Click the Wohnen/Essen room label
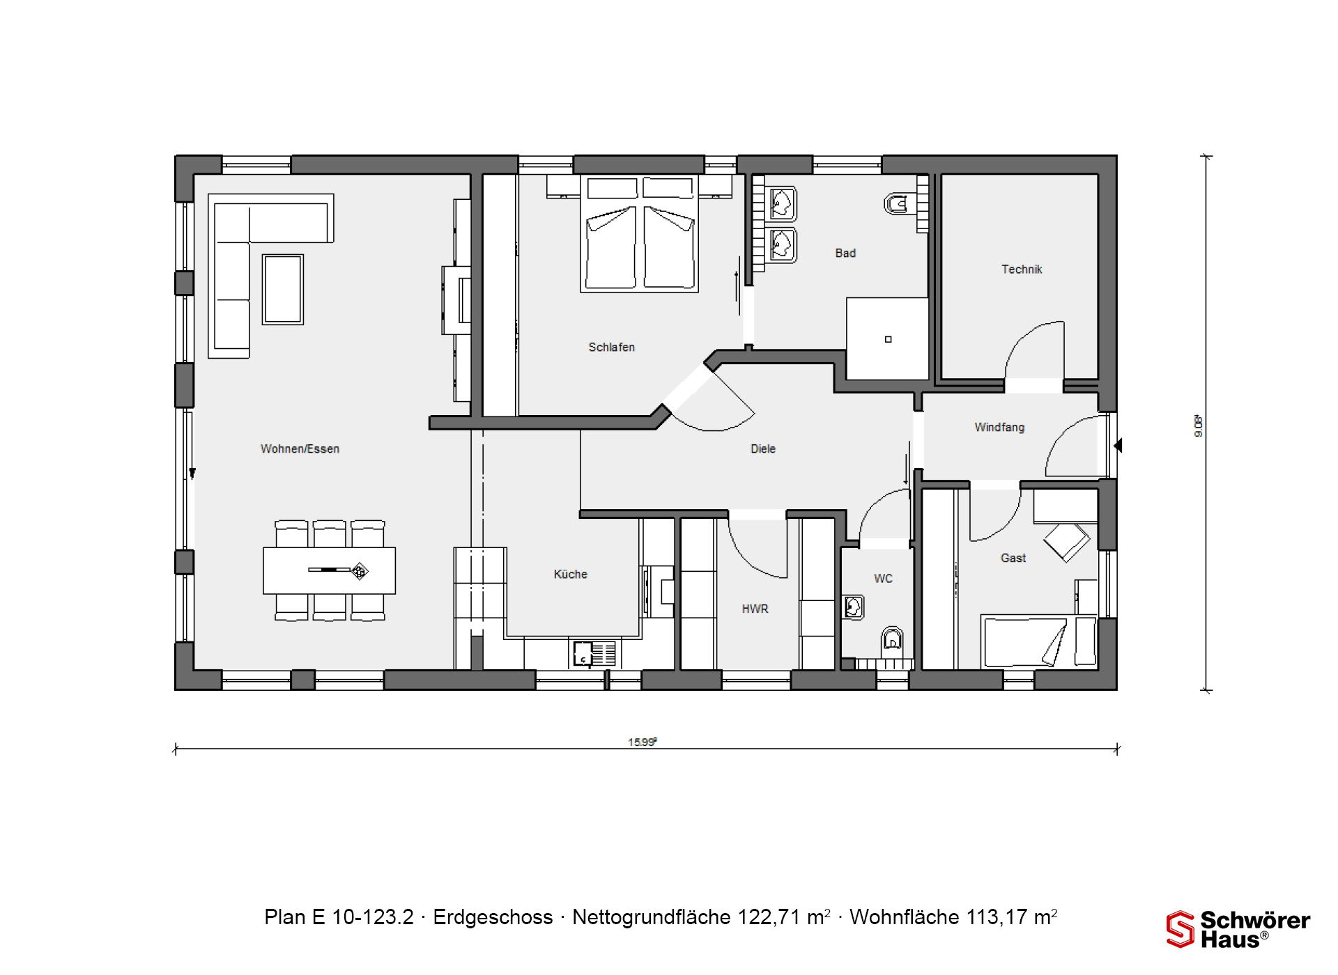click(300, 449)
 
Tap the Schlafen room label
click(611, 348)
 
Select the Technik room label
click(1022, 270)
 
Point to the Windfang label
click(999, 428)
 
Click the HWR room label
click(755, 609)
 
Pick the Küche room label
click(570, 575)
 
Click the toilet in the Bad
click(896, 204)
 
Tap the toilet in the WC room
click(892, 639)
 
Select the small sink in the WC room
click(854, 607)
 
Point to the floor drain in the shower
click(888, 340)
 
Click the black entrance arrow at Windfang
click(1118, 445)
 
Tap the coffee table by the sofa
click(283, 290)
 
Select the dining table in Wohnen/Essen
click(329, 570)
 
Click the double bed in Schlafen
click(639, 233)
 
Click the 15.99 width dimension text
click(642, 742)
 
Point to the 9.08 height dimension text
click(1199, 426)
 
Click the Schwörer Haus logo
click(1238, 929)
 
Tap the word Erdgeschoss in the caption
click(493, 917)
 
